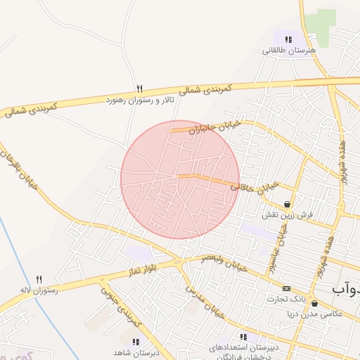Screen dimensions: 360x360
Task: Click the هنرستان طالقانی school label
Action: pos(290,51)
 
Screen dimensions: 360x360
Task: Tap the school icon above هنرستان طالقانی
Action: pos(288,39)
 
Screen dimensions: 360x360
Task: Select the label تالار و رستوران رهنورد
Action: pos(143,101)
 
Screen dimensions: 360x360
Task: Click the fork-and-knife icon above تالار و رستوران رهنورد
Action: pos(139,89)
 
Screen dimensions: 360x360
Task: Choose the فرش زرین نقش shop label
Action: pos(283,214)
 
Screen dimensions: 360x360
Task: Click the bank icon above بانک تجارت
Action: pos(286,288)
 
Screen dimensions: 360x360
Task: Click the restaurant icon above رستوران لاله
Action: pos(39,279)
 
